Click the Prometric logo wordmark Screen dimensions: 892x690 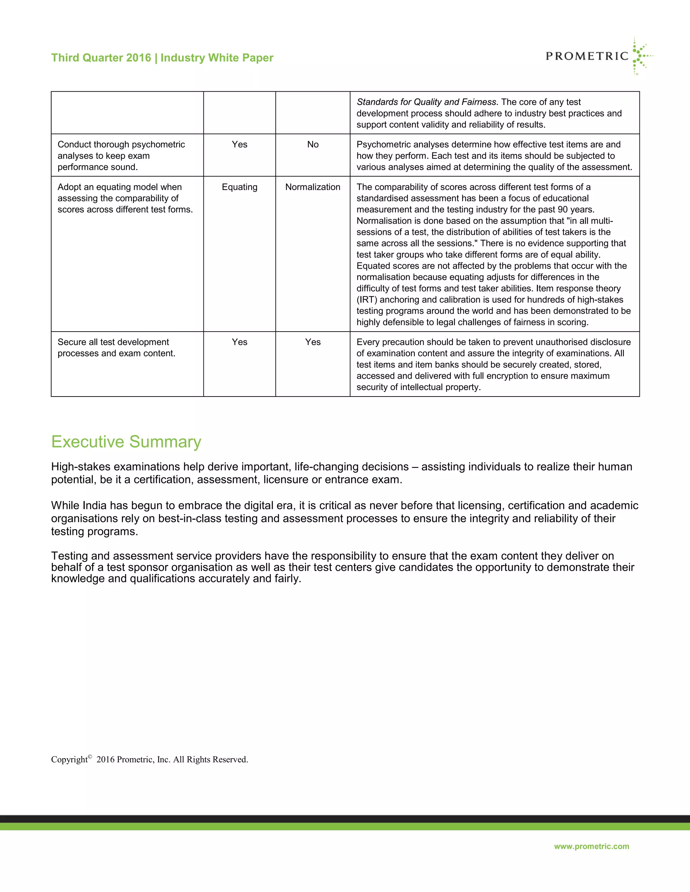[x=587, y=56]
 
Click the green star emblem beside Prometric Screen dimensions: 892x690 [x=640, y=56]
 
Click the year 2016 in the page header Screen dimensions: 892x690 [x=138, y=58]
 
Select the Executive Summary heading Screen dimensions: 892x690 [x=126, y=442]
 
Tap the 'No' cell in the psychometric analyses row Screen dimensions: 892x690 [x=313, y=145]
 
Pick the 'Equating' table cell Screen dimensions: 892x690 [x=240, y=187]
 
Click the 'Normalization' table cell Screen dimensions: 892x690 [x=313, y=187]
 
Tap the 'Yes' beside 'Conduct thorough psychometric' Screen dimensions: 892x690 [x=240, y=145]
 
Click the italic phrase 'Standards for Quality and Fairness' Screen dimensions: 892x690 [x=426, y=102]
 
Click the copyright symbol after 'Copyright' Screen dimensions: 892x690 [x=90, y=756]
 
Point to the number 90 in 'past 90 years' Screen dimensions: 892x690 [x=563, y=209]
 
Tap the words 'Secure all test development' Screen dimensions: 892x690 [x=113, y=342]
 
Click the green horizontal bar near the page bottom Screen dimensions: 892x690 [x=345, y=827]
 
